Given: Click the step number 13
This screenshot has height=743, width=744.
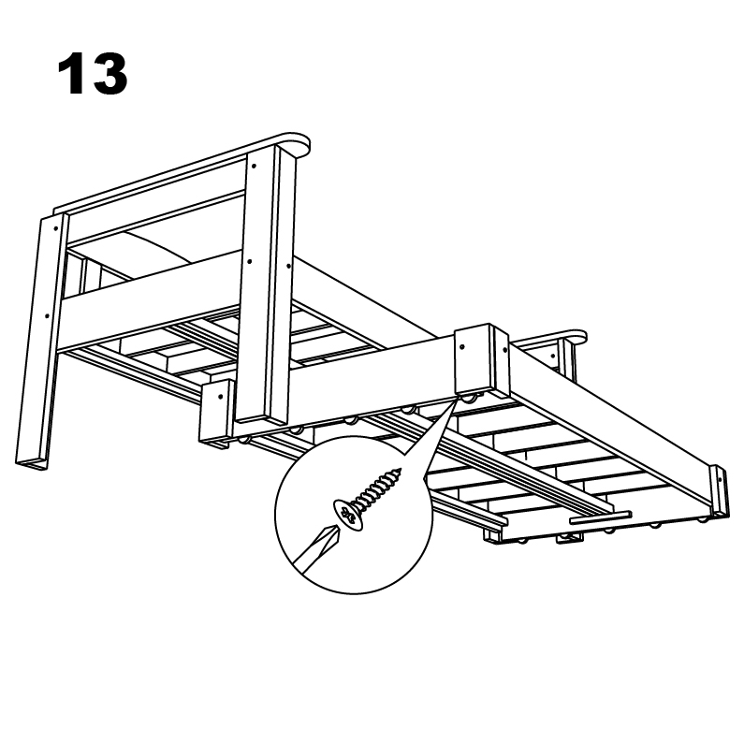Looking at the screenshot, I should pos(92,74).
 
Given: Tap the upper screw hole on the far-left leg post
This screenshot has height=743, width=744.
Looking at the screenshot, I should pos(57,227).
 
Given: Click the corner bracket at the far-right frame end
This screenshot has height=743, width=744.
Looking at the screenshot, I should pos(716,488).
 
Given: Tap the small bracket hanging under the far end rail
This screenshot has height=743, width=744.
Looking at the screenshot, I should pos(567,538).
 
